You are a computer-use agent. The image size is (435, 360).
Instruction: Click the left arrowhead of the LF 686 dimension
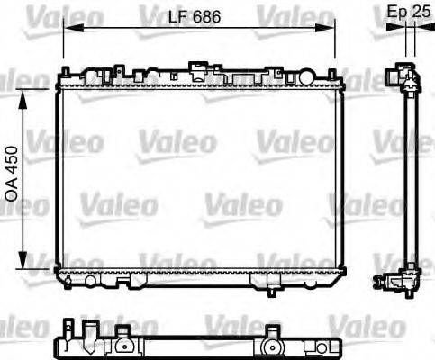[68, 28]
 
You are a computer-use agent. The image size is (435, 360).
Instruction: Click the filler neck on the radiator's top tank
[196, 67]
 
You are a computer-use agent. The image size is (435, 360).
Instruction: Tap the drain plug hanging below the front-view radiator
[270, 290]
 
